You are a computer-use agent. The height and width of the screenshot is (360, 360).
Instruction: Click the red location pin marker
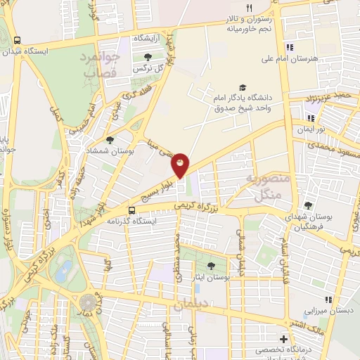(181, 165)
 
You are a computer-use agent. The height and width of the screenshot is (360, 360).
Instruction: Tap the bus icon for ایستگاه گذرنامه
(131, 210)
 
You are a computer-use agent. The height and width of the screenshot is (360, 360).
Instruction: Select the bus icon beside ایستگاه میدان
(18, 40)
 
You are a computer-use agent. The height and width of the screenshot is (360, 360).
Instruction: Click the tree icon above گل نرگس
(148, 57)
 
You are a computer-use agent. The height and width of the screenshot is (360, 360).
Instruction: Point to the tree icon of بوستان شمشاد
(110, 141)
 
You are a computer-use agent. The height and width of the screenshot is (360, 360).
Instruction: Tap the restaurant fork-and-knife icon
(249, 8)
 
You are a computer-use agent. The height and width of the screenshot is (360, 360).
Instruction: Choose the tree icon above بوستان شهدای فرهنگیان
(308, 205)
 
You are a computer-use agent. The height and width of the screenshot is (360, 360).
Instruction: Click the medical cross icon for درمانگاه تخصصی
(285, 338)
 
